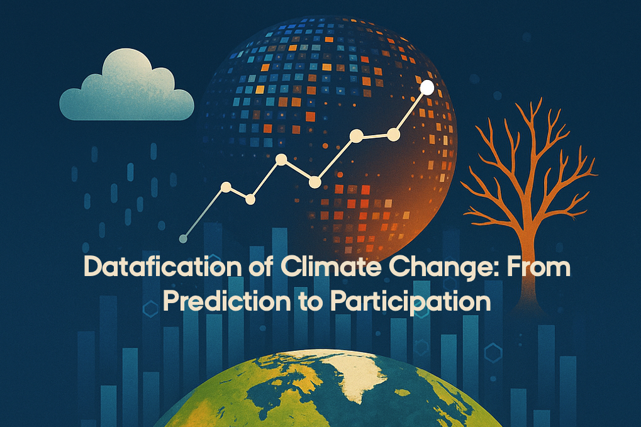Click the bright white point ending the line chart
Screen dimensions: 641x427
tap(427, 87)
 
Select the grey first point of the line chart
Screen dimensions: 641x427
tap(184, 238)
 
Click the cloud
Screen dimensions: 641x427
tap(126, 87)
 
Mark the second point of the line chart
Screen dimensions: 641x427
tap(226, 187)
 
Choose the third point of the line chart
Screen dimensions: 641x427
tap(250, 199)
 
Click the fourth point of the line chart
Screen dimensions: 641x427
tap(281, 159)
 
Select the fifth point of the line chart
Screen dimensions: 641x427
tap(315, 182)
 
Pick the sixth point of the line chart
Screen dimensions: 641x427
tap(357, 136)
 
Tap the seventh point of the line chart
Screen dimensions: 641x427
tap(393, 134)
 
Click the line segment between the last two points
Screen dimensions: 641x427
tap(410, 111)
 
